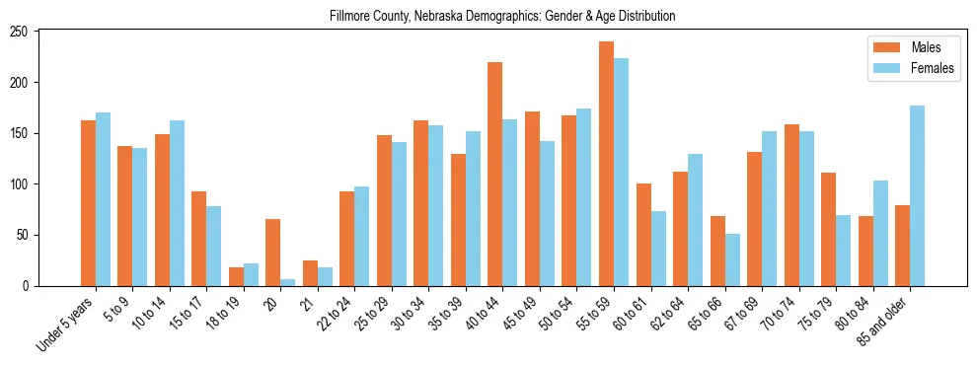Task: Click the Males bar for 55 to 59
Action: (606, 164)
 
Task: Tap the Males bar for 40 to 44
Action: (495, 174)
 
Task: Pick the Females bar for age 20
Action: (288, 282)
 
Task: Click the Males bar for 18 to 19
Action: (236, 276)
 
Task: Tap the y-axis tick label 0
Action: (29, 286)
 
